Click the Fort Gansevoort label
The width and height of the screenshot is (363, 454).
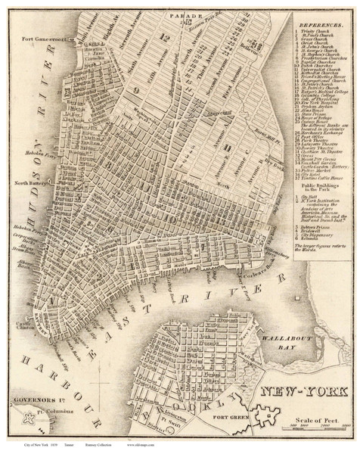(39, 39)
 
